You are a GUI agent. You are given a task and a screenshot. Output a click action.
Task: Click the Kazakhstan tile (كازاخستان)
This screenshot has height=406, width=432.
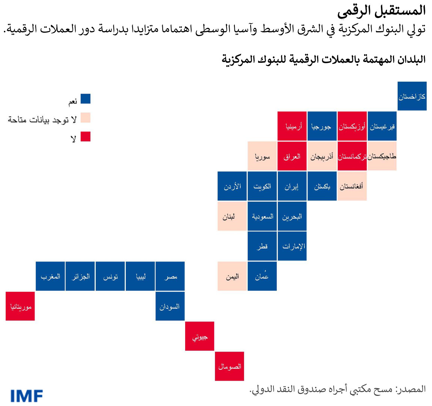coord(412,96)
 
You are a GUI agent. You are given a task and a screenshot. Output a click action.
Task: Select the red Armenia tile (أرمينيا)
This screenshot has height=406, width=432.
coord(292,126)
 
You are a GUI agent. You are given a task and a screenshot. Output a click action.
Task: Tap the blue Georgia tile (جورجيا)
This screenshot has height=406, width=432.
coord(322,126)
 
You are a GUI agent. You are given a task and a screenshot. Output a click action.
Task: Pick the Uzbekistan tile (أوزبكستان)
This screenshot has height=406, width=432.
coord(352,126)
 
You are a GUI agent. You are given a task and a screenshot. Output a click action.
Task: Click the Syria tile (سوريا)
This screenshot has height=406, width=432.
coord(262,156)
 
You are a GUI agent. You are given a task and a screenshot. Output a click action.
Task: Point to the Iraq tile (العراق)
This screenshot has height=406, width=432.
coord(292,156)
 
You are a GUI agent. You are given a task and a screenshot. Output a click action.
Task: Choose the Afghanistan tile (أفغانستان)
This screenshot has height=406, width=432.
coord(352,186)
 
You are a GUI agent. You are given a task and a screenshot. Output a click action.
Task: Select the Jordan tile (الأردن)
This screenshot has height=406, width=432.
coord(232,186)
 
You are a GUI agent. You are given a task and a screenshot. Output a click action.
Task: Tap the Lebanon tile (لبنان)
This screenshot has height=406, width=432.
coord(232,216)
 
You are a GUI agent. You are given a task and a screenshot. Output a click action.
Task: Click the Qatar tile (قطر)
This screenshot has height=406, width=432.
coord(262,246)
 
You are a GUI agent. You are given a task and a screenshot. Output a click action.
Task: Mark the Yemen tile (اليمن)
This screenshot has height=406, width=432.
coord(232,276)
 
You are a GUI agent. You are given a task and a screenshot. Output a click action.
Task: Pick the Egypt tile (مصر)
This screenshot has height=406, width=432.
coord(170,276)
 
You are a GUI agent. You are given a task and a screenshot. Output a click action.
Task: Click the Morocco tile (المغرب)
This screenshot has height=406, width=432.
coord(50,276)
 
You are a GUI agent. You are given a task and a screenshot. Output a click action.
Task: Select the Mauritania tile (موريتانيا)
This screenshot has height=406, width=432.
coord(20,306)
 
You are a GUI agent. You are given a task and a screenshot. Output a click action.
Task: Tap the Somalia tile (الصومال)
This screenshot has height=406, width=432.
coord(230,366)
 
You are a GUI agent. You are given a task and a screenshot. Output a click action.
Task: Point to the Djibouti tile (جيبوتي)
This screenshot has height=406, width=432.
coord(200,336)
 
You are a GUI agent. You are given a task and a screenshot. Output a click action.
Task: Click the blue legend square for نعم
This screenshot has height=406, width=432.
coord(86,99)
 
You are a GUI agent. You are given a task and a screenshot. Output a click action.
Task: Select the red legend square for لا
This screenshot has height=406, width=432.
coord(86,136)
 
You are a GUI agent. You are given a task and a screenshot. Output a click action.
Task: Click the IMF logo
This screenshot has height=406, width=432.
coord(27,395)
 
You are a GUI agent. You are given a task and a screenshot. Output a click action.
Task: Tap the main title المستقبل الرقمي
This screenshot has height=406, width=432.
coord(381,11)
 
